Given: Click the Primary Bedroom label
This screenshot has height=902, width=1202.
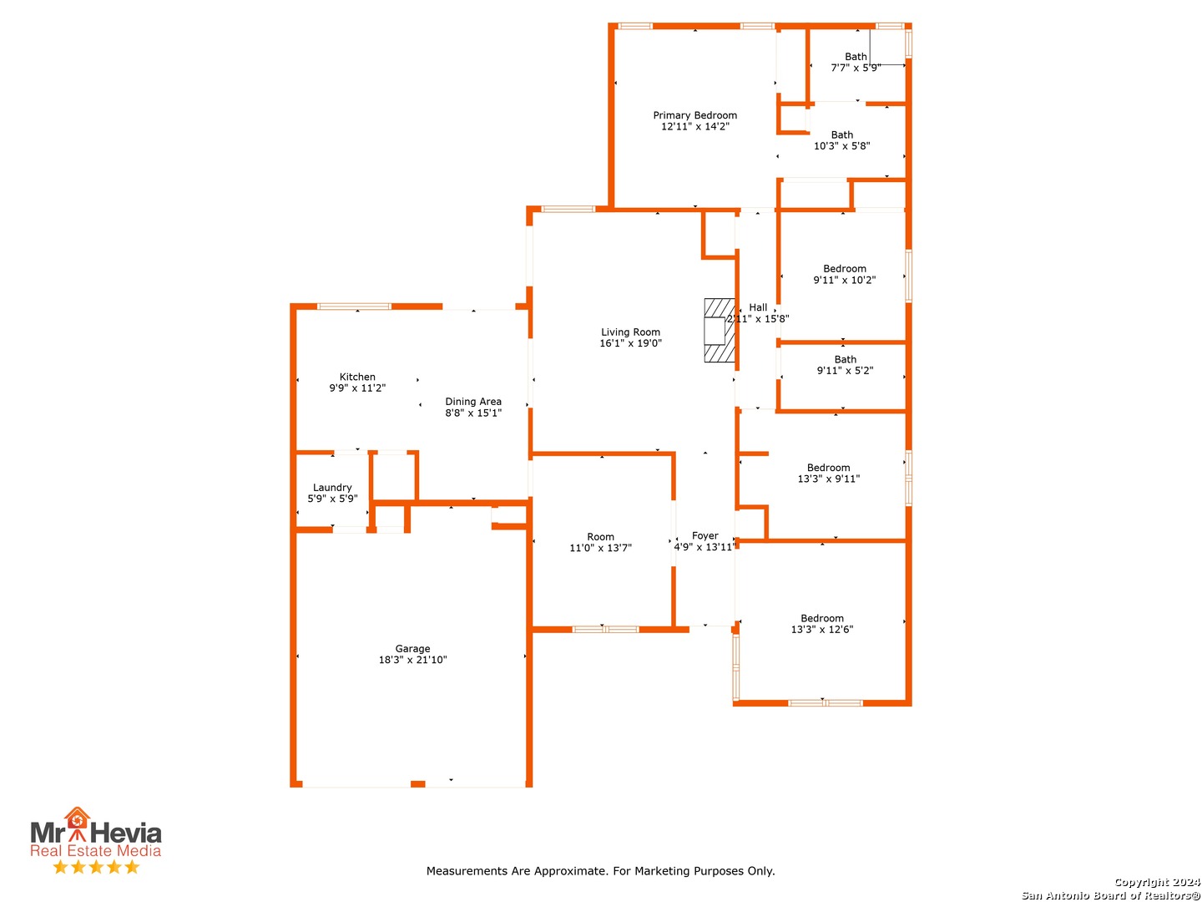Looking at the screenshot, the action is click(694, 115).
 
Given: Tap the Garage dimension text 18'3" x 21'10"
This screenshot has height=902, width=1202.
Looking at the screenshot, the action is click(412, 660).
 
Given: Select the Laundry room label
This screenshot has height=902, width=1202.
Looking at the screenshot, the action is click(332, 487).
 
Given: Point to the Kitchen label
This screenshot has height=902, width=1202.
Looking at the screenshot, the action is click(357, 376).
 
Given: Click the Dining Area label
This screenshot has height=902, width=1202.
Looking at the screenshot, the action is click(472, 402).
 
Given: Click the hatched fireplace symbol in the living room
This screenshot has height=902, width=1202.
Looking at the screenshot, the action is click(719, 330).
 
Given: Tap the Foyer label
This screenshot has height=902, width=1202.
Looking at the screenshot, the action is click(705, 535).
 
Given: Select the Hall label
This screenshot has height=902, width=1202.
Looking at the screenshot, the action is click(757, 307).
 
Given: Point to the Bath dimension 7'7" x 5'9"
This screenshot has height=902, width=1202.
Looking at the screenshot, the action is click(856, 68).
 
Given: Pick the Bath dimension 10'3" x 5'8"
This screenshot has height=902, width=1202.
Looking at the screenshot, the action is click(841, 145).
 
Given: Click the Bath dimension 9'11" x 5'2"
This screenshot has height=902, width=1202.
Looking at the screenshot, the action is click(845, 370).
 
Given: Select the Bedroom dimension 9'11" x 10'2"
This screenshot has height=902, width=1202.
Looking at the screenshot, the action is click(844, 280).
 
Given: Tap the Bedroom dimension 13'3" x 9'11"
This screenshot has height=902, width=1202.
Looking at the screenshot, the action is click(828, 478).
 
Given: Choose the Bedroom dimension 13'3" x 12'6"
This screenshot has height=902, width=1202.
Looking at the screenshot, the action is click(821, 629).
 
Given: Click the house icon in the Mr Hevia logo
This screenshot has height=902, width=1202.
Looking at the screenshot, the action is click(77, 818).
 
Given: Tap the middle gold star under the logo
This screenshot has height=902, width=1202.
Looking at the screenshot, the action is click(96, 866).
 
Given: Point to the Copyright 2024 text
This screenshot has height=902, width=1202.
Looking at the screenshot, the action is click(1157, 882).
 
